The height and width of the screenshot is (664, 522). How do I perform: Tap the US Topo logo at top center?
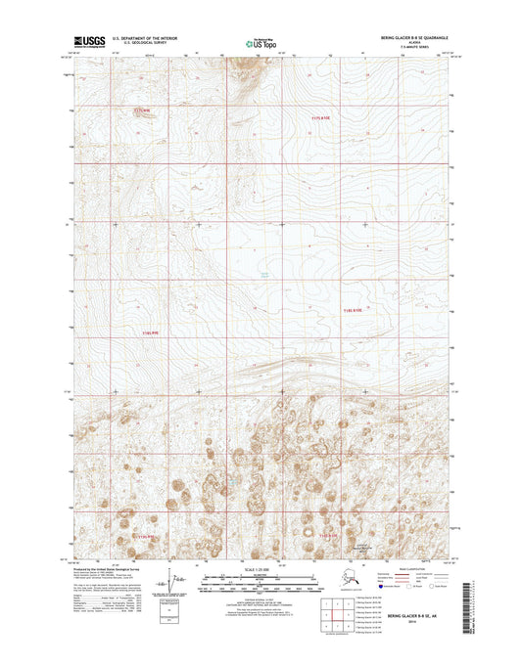click(x=260, y=42)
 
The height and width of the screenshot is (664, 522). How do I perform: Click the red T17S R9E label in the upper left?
click(x=143, y=111)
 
